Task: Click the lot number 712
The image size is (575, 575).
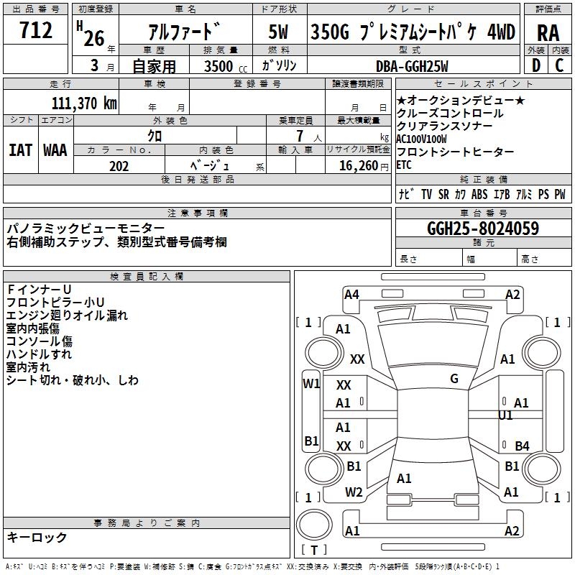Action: [x=37, y=31]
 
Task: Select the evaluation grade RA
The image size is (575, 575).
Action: [x=548, y=32]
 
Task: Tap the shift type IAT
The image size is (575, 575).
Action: [x=21, y=150]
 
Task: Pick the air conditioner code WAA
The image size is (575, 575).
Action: [x=55, y=150]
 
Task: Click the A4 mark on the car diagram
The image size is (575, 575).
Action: [x=351, y=294]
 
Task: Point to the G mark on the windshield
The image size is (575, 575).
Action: [x=454, y=379]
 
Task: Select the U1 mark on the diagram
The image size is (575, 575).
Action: [x=505, y=415]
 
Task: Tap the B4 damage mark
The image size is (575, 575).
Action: [x=522, y=446]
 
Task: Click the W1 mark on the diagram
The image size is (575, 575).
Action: [x=310, y=383]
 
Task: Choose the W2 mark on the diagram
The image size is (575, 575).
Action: [x=354, y=492]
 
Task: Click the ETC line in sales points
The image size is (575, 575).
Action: [x=404, y=165]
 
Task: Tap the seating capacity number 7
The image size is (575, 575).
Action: [x=298, y=135]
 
